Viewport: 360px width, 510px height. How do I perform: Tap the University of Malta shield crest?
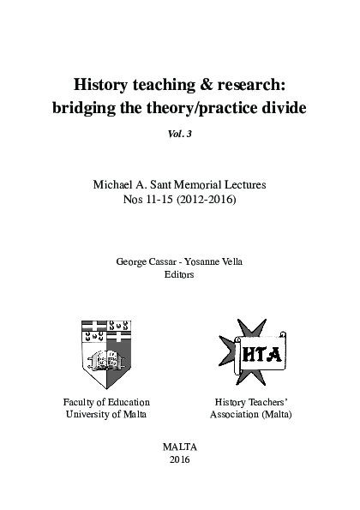tap(106, 354)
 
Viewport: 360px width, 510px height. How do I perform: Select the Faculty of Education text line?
tap(106, 401)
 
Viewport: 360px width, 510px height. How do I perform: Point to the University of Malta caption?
tap(106, 415)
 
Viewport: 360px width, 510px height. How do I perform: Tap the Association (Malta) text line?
tap(251, 415)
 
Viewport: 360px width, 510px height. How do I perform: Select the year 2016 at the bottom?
tap(179, 460)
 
